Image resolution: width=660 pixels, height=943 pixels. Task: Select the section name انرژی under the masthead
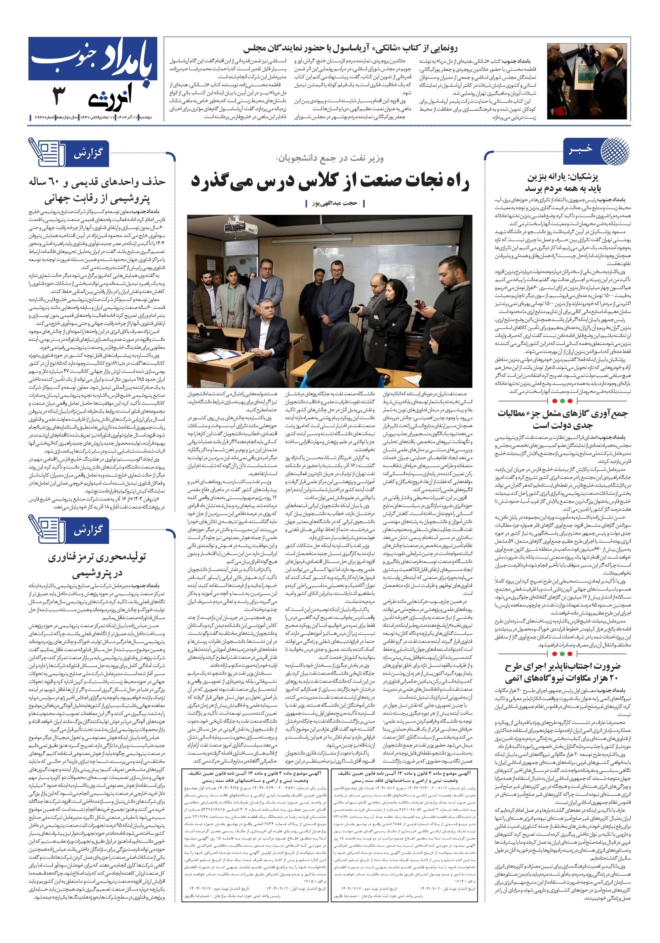110,97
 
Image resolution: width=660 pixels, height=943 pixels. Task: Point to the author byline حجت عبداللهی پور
335,203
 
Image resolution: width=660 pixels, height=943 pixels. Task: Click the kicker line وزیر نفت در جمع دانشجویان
331,158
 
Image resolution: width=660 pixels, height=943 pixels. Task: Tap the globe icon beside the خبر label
615,150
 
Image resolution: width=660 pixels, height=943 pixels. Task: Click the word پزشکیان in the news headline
582,177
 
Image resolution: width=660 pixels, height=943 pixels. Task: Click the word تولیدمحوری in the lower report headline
122,557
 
